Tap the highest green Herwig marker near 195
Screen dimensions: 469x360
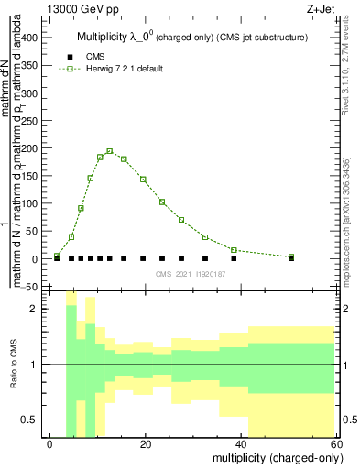point(110,151)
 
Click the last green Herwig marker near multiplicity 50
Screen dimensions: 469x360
point(291,256)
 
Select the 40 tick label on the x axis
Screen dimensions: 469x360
point(242,443)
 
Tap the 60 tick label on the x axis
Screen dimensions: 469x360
point(338,443)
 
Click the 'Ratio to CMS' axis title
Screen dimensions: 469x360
point(14,365)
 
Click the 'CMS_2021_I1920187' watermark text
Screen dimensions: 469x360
point(194,275)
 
